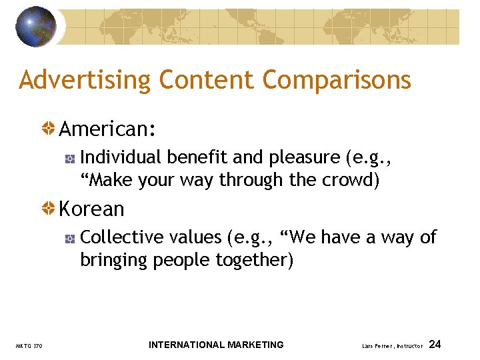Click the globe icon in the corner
click(x=37, y=27)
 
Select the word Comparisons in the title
click(x=337, y=80)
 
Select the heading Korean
click(x=92, y=209)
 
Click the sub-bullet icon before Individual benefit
click(x=70, y=158)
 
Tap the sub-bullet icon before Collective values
click(x=70, y=238)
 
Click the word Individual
click(x=121, y=157)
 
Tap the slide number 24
click(x=435, y=345)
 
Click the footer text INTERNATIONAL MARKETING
click(x=216, y=345)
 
